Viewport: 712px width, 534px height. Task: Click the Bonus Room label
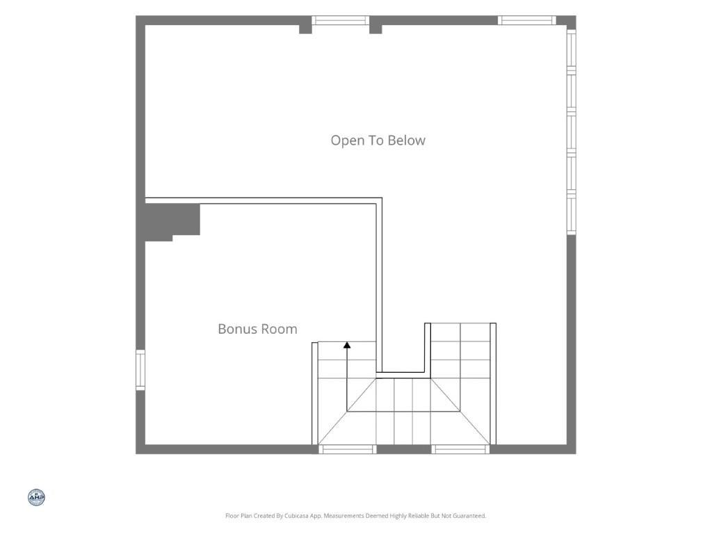[257, 329]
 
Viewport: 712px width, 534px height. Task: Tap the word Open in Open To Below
[348, 140]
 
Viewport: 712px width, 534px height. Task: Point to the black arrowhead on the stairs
[347, 345]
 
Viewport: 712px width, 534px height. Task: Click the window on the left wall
[140, 369]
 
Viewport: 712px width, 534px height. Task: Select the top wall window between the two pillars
[341, 20]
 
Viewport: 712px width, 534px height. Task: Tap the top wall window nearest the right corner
[527, 20]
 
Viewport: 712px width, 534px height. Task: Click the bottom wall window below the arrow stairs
[348, 449]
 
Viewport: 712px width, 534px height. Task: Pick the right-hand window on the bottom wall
[460, 449]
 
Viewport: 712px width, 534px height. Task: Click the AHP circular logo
[36, 498]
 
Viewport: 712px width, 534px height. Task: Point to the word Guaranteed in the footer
[471, 516]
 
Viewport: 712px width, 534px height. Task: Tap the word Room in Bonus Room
[282, 329]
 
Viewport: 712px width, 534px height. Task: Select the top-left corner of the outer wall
[136, 16]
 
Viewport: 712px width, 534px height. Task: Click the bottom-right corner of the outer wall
[576, 453]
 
